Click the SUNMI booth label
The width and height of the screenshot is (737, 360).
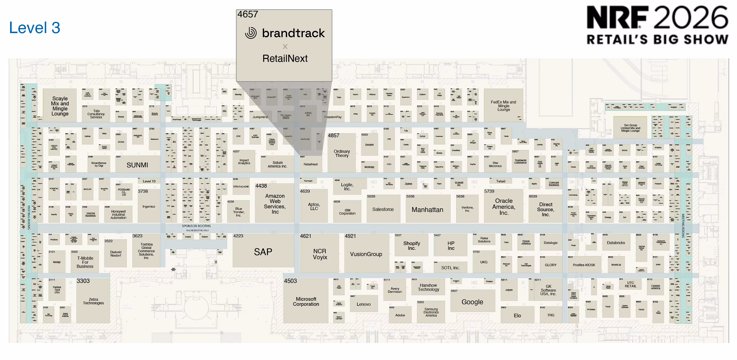(x=137, y=165)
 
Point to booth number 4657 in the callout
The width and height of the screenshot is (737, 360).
(x=248, y=14)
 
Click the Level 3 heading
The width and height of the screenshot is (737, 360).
(x=35, y=28)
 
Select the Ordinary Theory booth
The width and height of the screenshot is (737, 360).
(x=342, y=154)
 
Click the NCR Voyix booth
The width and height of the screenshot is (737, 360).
(x=320, y=254)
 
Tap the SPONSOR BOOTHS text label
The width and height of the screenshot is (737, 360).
(x=196, y=226)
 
